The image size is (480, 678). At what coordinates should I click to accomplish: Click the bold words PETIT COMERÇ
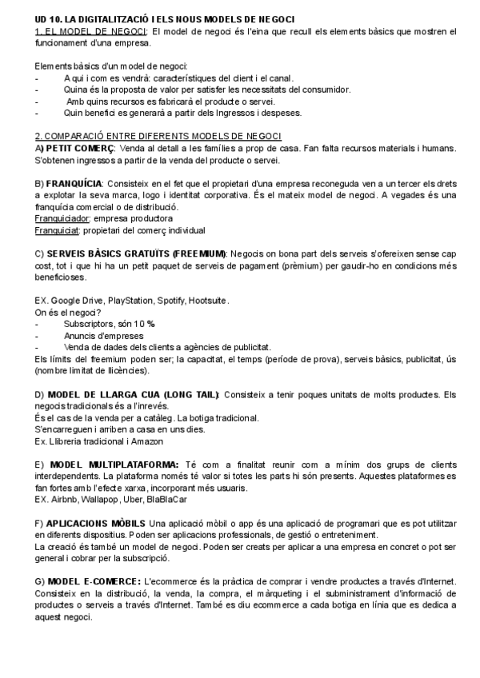click(x=80, y=148)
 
